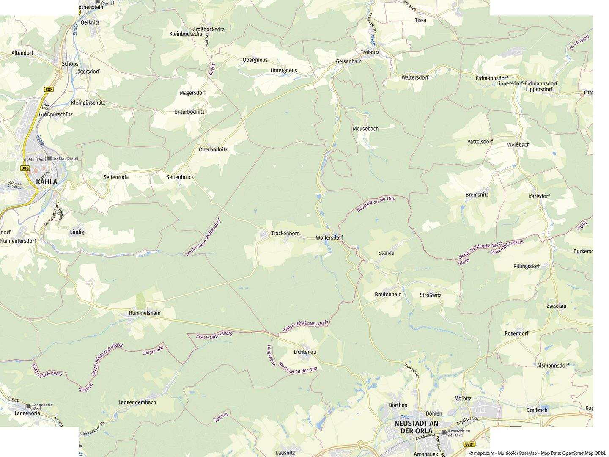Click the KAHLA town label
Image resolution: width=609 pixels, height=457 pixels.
pos(47,182)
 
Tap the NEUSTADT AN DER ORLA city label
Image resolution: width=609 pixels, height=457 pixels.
pos(416,427)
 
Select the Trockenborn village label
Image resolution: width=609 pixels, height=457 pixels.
pos(285,234)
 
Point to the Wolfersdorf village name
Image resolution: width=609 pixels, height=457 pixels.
pos(329,238)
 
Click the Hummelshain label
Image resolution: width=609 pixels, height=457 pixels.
pos(145,313)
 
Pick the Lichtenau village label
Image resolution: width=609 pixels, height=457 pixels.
pos(305,352)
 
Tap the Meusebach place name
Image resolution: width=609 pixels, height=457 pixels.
pos(365,129)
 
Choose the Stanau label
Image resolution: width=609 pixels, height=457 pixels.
pos(386,253)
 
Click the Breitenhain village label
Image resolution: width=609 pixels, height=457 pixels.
pos(388,295)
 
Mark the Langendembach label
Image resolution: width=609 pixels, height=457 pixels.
pos(137,402)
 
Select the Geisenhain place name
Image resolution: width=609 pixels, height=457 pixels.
pos(348,61)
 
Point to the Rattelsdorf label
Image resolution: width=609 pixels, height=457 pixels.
pos(480,142)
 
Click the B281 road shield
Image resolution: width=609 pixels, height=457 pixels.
pos(469,444)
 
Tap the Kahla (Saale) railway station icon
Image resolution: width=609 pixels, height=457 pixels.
pos(50,159)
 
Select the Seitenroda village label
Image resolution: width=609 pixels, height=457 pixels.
pos(116,177)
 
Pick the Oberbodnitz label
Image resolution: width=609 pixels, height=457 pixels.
pos(213,150)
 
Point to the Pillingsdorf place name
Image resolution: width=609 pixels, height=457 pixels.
pos(527,267)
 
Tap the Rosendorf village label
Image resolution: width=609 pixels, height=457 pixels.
pos(516,333)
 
